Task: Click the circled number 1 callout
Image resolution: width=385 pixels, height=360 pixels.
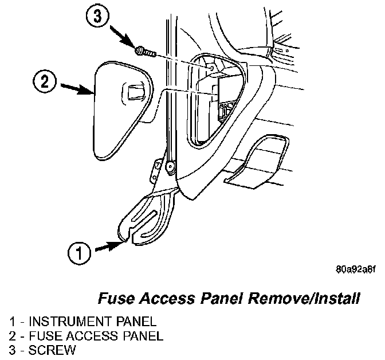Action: (80, 252)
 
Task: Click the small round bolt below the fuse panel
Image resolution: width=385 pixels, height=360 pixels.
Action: (170, 166)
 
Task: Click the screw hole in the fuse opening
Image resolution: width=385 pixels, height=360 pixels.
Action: (212, 68)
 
